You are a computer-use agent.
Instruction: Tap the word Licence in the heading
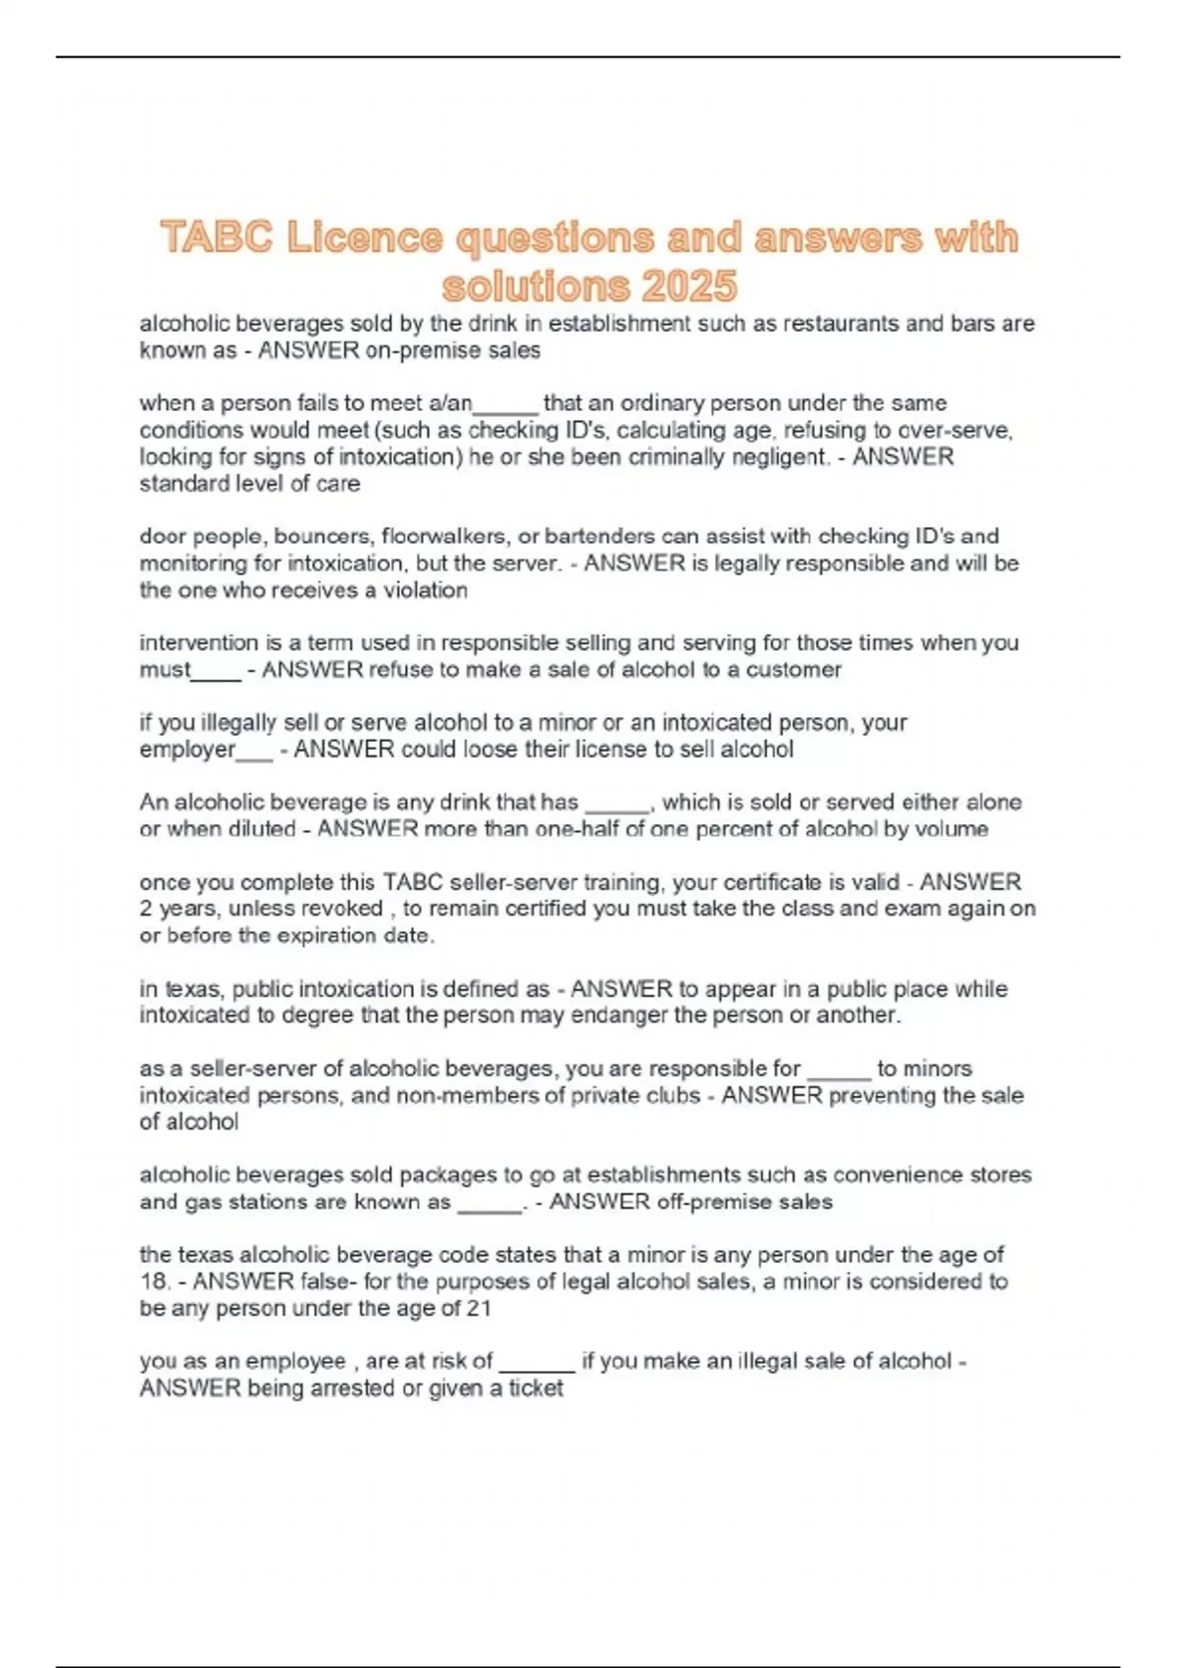[364, 237]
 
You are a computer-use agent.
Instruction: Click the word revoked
[344, 909]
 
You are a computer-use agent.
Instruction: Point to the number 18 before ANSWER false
[153, 1281]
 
